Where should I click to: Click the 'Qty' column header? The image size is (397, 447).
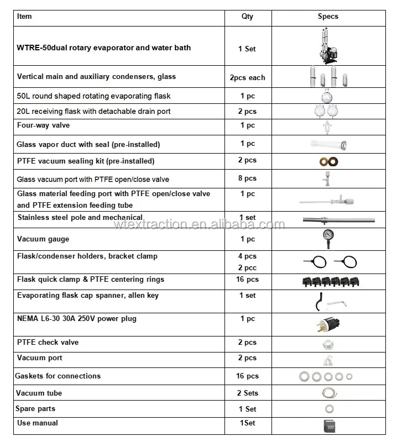tap(247, 17)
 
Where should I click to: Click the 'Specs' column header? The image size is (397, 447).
tap(327, 17)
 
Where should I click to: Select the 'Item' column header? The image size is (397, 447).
tap(25, 16)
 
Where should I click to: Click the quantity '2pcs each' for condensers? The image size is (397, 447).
tap(247, 78)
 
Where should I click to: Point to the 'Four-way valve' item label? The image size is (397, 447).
tap(43, 126)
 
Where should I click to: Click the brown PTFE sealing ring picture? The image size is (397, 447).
tap(327, 162)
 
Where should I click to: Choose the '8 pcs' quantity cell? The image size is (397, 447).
tap(247, 178)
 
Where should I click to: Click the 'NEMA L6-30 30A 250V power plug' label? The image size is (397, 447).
tap(77, 319)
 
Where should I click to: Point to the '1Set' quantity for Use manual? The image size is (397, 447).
tap(247, 423)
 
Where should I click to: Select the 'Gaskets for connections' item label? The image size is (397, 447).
tap(59, 376)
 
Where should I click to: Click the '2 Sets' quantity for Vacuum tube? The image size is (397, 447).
tap(247, 393)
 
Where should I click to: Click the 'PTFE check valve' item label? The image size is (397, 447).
tap(48, 343)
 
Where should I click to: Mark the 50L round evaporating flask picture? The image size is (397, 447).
tap(327, 96)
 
